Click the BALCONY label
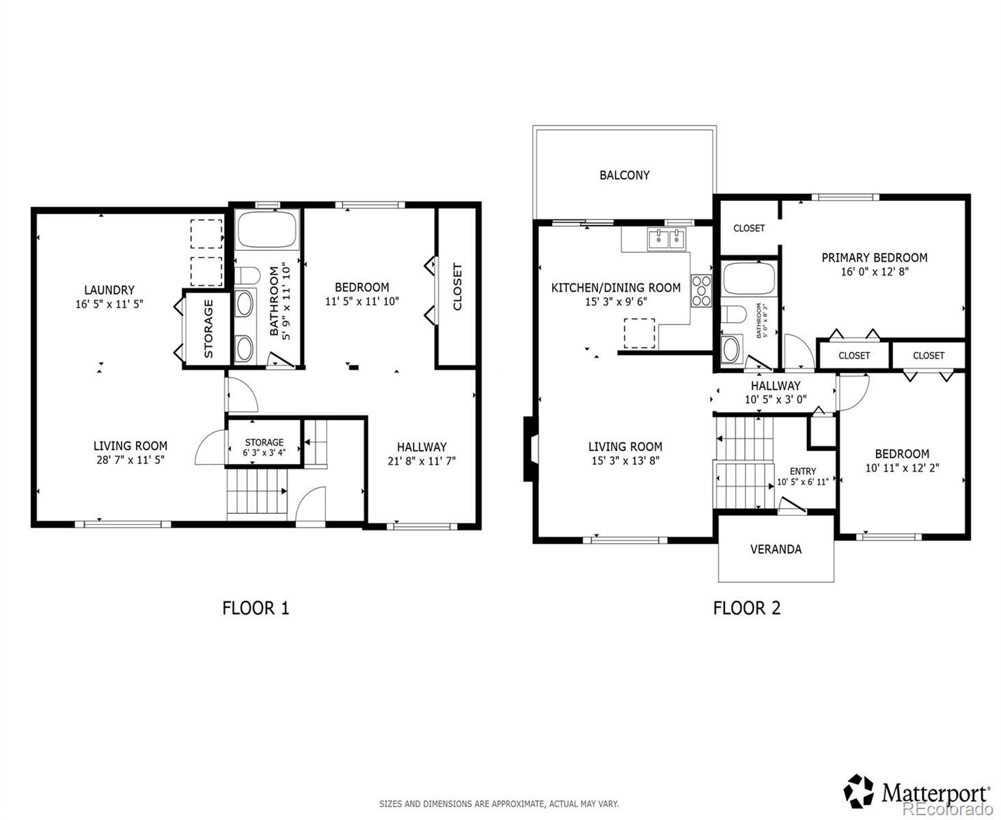(624, 175)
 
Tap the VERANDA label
(776, 549)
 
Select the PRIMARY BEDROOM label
(875, 258)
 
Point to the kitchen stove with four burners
(701, 290)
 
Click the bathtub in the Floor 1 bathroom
(267, 230)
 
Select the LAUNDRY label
(109, 290)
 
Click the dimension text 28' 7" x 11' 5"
(131, 460)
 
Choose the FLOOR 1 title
(256, 608)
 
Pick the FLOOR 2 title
(747, 608)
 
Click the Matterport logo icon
(858, 791)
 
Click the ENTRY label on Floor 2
(803, 471)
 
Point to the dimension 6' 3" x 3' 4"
(264, 452)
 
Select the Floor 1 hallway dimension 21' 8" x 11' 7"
(422, 461)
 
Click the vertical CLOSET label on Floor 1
(457, 287)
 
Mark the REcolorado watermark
(948, 808)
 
